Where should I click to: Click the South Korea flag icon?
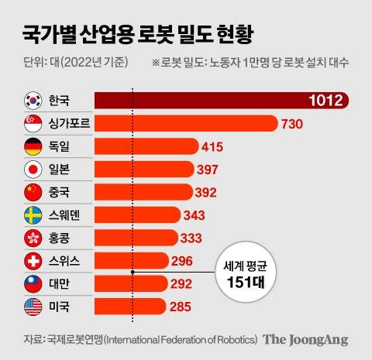coord(34,101)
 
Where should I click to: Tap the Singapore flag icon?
coord(34,124)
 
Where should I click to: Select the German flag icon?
coord(34,146)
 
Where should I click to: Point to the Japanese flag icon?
coord(34,170)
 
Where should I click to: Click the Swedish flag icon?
coord(34,215)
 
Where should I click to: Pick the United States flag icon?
coord(34,307)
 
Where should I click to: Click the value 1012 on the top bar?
coord(325,101)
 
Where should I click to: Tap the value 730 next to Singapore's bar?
coord(296,124)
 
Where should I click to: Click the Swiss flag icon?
coord(34,261)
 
